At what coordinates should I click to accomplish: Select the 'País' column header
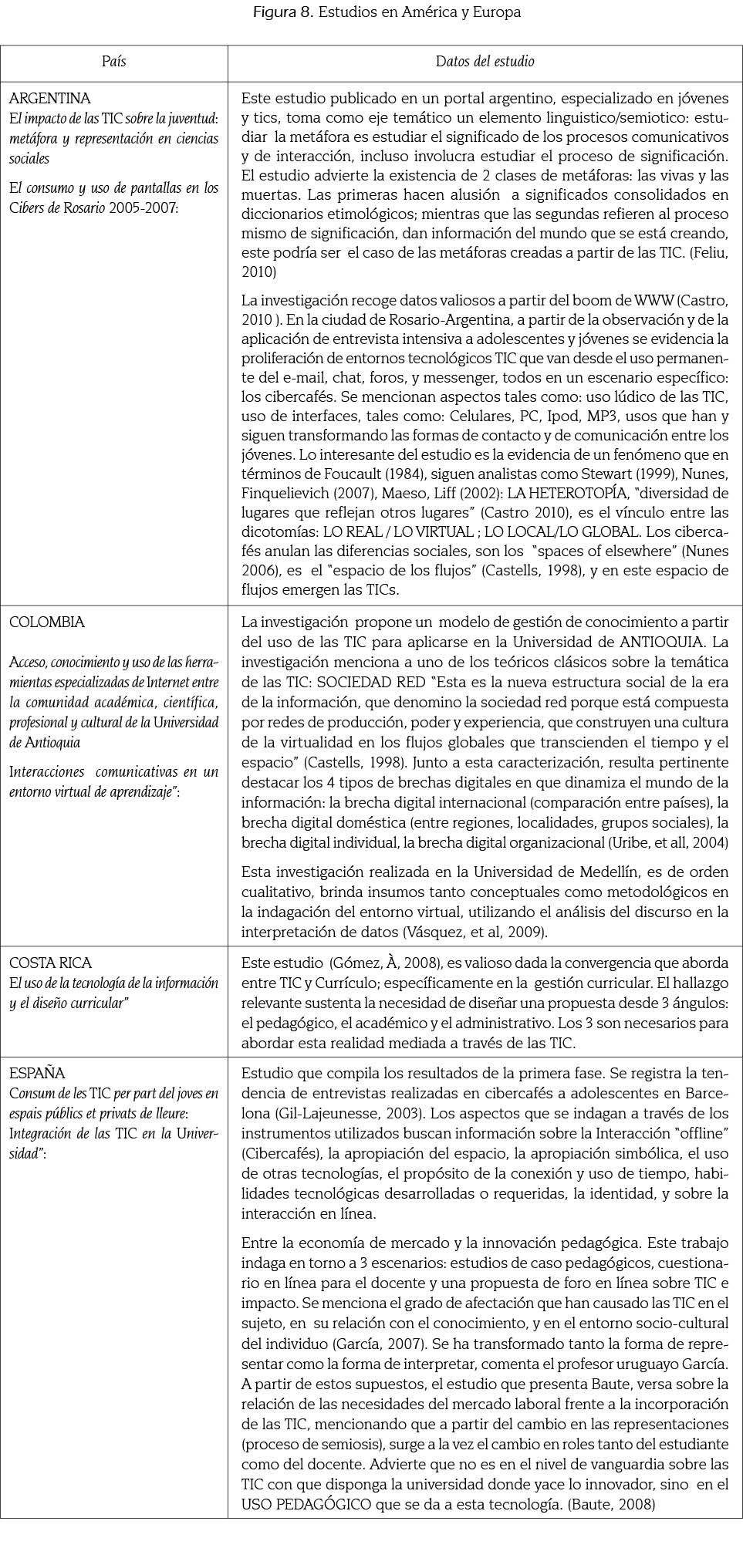(113, 61)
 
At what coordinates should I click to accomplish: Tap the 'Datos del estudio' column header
(485, 61)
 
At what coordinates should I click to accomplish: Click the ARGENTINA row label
(49, 98)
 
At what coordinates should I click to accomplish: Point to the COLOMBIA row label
(47, 622)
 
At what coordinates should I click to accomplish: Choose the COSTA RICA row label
(50, 963)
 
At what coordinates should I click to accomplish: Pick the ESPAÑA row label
(37, 1073)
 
